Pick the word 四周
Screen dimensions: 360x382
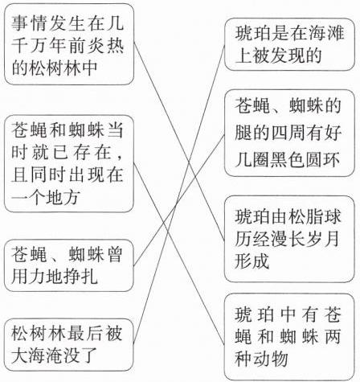click(288, 133)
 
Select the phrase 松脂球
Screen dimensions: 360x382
click(314, 216)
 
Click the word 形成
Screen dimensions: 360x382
click(252, 261)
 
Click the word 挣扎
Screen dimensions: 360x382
click(80, 276)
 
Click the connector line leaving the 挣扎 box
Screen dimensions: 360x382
click(179, 200)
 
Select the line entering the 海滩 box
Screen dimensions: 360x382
click(179, 195)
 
